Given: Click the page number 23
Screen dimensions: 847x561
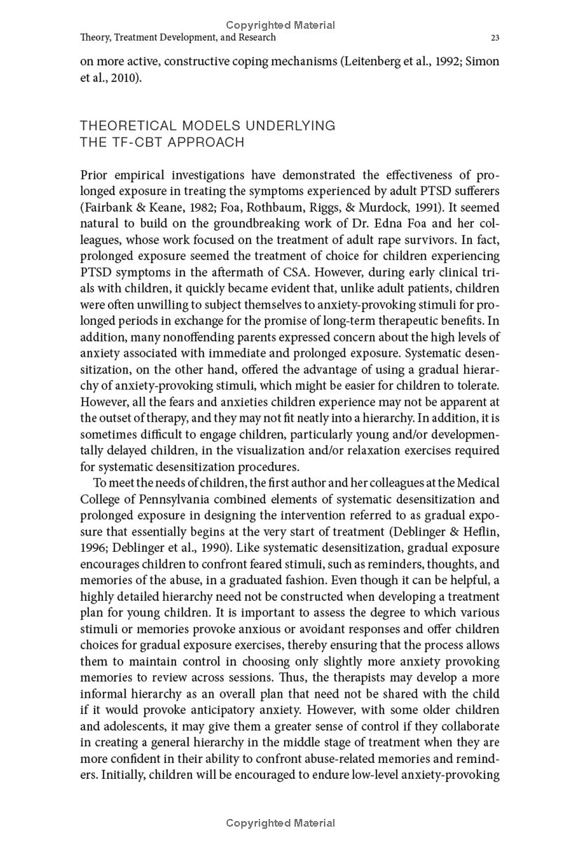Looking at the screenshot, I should pos(495,37).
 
